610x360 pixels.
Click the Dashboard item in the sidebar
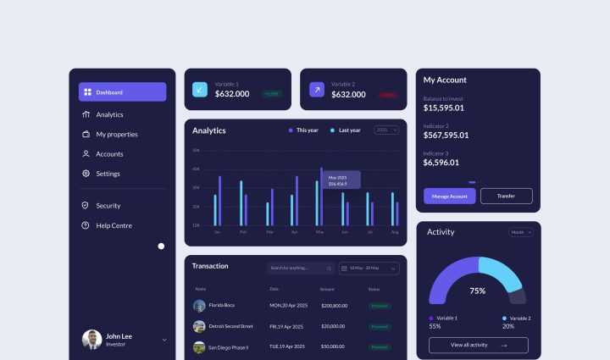pyautogui.click(x=122, y=92)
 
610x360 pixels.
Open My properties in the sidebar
pyautogui.click(x=116, y=134)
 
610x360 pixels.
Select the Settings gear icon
pyautogui.click(x=86, y=174)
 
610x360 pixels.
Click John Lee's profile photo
pyautogui.click(x=91, y=340)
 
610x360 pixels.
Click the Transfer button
pyautogui.click(x=506, y=196)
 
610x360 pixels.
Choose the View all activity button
pyautogui.click(x=478, y=345)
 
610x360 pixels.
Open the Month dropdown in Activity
pyautogui.click(x=520, y=232)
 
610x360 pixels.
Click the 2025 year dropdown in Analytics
pyautogui.click(x=385, y=130)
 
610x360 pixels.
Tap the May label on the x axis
pyautogui.click(x=319, y=231)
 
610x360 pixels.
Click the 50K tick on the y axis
pyautogui.click(x=196, y=150)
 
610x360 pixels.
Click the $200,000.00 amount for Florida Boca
pyautogui.click(x=334, y=305)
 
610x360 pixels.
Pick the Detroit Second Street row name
pyautogui.click(x=230, y=325)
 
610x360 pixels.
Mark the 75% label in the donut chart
pyautogui.click(x=478, y=291)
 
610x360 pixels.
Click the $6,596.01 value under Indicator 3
pyautogui.click(x=441, y=163)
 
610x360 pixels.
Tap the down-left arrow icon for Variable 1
pyautogui.click(x=200, y=89)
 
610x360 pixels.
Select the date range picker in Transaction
pyautogui.click(x=369, y=269)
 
